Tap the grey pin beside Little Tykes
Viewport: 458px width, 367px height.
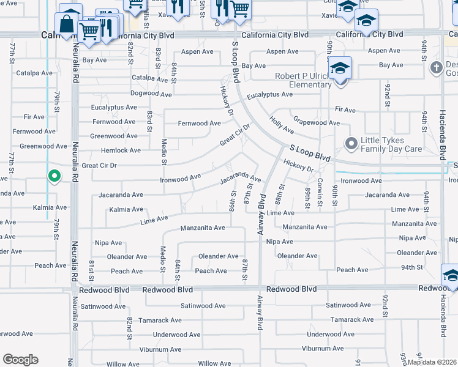(x=351, y=144)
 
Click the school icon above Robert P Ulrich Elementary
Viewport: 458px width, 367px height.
(x=339, y=69)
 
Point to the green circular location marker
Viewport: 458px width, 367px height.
(x=54, y=177)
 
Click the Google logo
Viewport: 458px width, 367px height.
(x=20, y=360)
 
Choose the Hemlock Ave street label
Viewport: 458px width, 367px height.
(x=120, y=150)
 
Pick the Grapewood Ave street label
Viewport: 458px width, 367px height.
(x=316, y=122)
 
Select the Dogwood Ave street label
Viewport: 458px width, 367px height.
(x=151, y=94)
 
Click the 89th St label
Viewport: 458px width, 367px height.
(x=307, y=198)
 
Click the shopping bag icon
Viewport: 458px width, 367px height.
(x=66, y=24)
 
